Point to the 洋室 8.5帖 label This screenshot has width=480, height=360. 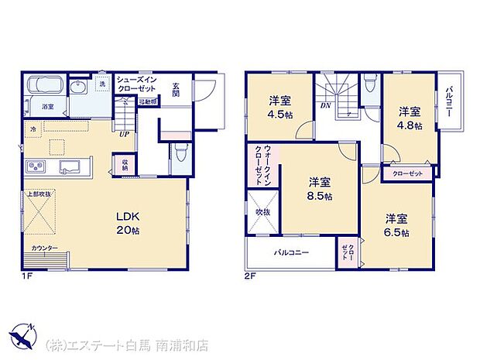(320, 190)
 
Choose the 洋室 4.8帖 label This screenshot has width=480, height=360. (410, 118)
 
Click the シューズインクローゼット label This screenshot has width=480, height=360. (138, 84)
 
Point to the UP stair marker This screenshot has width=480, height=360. (124, 133)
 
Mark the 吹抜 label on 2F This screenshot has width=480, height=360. (262, 211)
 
